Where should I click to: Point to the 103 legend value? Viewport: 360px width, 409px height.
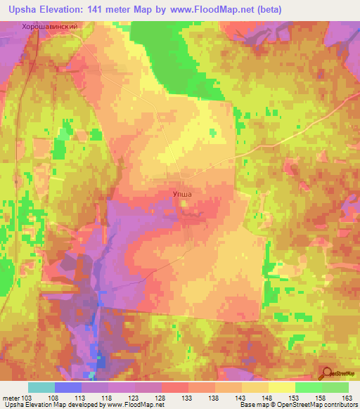(27, 397)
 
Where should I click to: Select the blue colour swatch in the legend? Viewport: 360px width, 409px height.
(67, 387)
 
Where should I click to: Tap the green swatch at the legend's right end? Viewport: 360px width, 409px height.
(335, 387)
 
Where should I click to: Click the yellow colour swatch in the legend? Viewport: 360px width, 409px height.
(281, 387)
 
